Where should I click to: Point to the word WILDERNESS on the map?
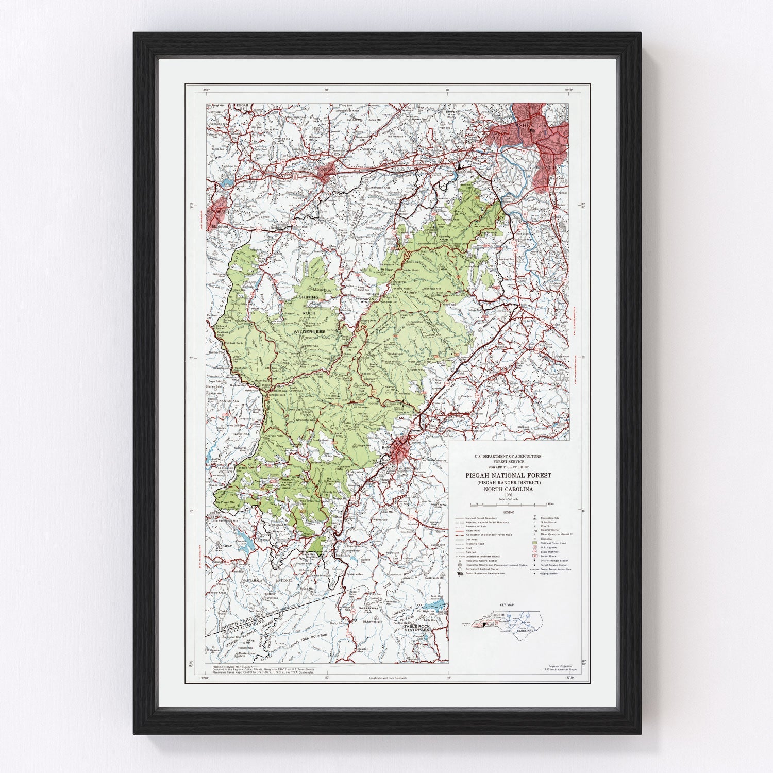pos(308,331)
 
